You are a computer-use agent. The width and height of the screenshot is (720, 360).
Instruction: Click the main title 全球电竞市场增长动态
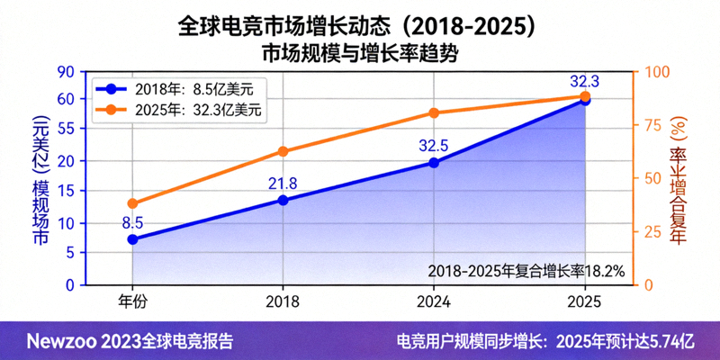tap(359, 24)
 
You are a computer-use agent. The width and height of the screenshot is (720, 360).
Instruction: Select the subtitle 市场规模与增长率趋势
tap(359, 53)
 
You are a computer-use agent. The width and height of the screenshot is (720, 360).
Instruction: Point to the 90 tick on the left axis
tap(66, 72)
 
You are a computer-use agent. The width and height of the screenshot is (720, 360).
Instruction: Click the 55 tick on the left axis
tap(66, 130)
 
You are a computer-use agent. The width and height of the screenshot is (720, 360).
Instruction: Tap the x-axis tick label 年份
tap(132, 302)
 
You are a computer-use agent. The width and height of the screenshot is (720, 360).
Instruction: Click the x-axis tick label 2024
tap(434, 302)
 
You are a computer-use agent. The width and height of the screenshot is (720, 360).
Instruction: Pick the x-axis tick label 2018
tap(283, 302)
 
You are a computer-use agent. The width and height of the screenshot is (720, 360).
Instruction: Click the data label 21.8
tap(282, 184)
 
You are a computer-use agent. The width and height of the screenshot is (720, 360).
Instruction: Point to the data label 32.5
tap(434, 145)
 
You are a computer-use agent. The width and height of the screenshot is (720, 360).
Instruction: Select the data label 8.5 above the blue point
tap(132, 222)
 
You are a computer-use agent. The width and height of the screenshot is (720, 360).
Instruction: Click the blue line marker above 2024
tap(434, 163)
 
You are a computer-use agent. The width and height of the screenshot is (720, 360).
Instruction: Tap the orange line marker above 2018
tap(283, 151)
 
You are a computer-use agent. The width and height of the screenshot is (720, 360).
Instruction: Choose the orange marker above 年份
tap(132, 203)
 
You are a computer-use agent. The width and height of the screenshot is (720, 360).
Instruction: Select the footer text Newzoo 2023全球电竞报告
tap(130, 342)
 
